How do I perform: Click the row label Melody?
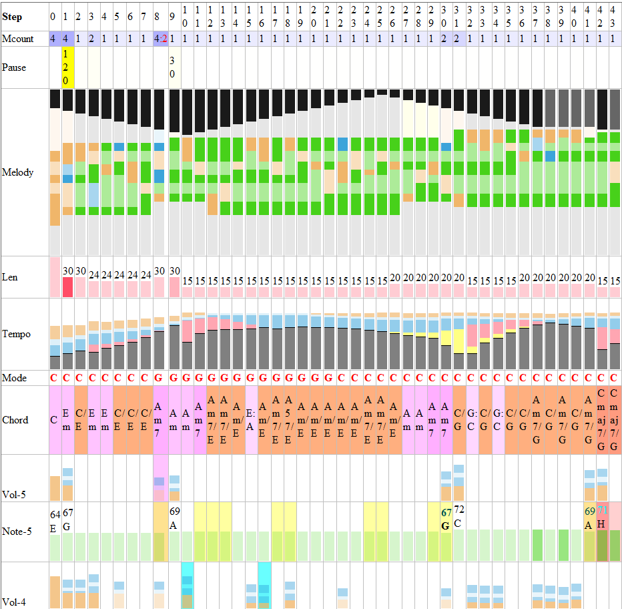coord(18,172)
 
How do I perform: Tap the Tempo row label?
coord(16,334)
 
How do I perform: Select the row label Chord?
coord(15,420)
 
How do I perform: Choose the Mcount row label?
coord(18,39)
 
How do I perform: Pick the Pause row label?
coord(14,67)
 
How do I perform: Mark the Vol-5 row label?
coord(15,495)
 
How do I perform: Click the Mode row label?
coord(14,378)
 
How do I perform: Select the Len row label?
coord(9,276)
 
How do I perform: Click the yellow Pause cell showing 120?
coord(67,67)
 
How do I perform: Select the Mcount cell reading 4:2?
coord(160,39)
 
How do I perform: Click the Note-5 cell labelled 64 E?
coord(55,518)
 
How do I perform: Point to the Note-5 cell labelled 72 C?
coord(459,514)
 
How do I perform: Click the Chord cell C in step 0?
coord(54,420)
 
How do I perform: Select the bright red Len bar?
coord(67,287)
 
